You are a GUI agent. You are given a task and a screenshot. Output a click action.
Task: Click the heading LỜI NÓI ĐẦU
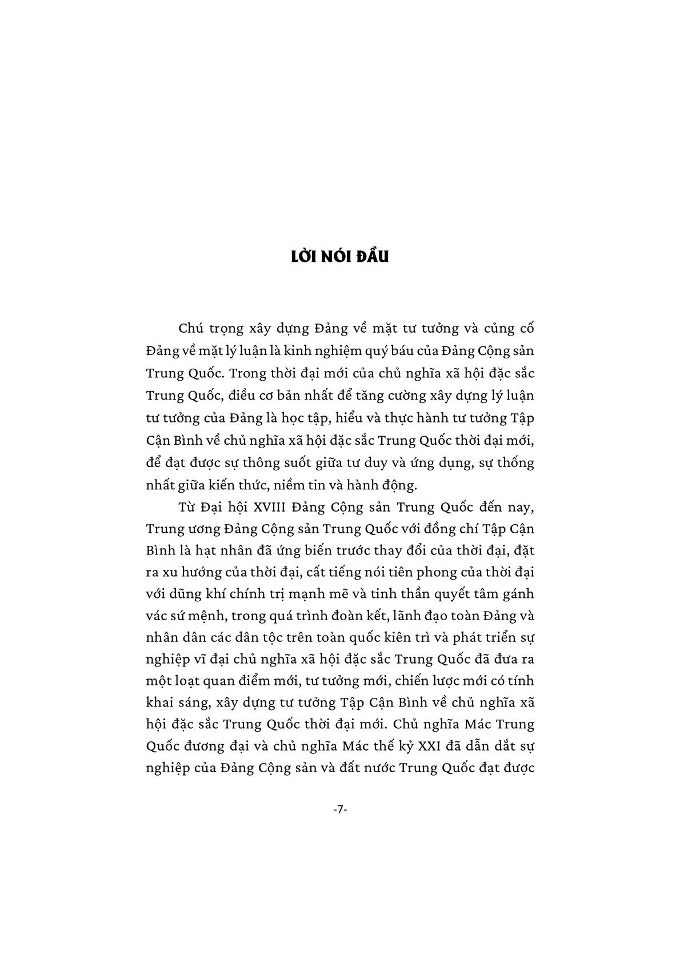(x=339, y=257)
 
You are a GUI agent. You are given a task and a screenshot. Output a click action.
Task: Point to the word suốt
(x=291, y=463)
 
